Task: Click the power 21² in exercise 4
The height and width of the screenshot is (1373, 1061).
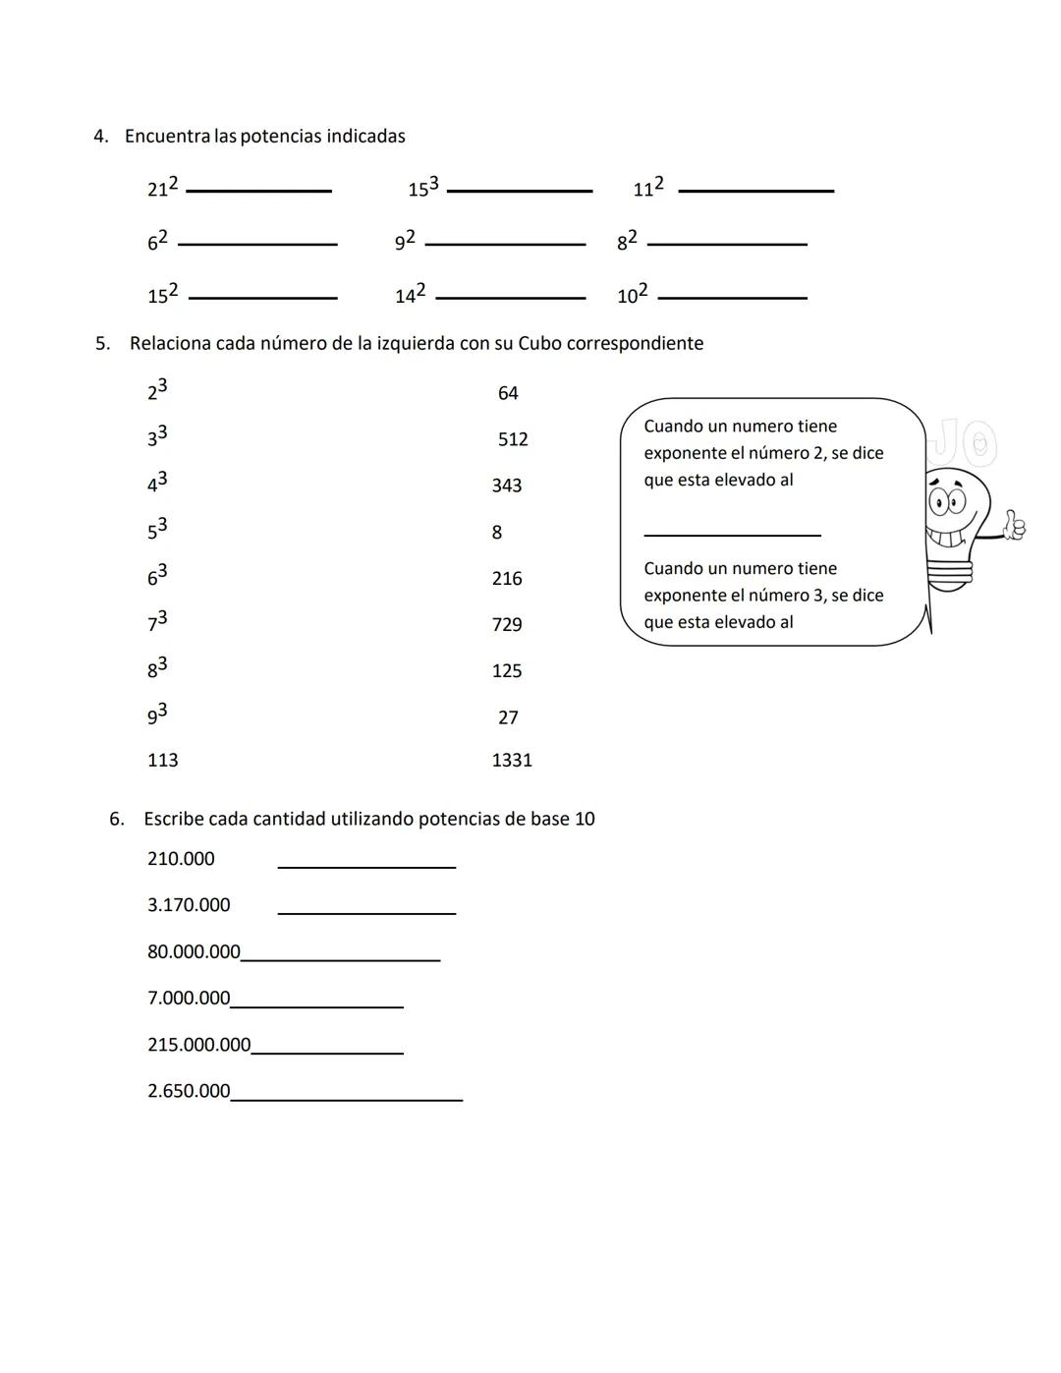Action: [x=163, y=187]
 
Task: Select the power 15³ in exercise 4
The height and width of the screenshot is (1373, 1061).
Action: [x=423, y=187]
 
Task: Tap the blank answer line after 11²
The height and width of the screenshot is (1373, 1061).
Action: [x=755, y=191]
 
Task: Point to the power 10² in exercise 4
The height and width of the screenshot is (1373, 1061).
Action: [x=633, y=294]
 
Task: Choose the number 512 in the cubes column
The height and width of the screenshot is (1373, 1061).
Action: [x=513, y=439]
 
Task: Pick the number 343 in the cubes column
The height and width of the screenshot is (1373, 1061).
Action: [x=507, y=486]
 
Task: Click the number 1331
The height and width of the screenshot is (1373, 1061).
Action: [x=512, y=760]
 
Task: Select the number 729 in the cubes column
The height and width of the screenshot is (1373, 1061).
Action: [x=507, y=625]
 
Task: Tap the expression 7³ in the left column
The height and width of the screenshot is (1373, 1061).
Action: [x=157, y=621]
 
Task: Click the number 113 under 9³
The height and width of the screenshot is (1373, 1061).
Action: [x=163, y=760]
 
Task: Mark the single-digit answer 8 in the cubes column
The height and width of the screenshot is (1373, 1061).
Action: [x=497, y=533]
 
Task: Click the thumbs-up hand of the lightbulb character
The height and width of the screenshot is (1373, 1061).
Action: [x=1013, y=526]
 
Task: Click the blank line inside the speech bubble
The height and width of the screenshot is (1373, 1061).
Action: [x=732, y=535]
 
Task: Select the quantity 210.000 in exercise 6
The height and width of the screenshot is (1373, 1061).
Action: [x=181, y=859]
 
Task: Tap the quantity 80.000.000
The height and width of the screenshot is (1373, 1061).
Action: [x=194, y=951]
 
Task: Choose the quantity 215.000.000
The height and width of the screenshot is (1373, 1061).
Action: [x=199, y=1045]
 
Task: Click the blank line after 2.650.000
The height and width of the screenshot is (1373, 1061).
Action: [x=347, y=1100]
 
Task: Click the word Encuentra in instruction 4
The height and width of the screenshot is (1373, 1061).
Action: [x=167, y=137]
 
